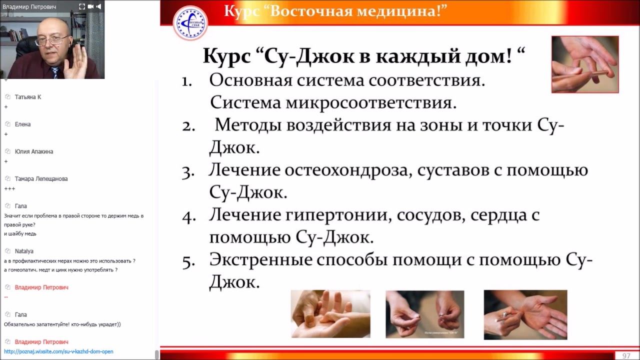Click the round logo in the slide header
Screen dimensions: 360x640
(190, 23)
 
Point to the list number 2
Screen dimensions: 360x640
(188, 126)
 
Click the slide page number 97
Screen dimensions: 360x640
(626, 355)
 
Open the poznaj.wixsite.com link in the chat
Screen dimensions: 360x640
(58, 351)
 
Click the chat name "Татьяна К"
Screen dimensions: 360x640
(28, 97)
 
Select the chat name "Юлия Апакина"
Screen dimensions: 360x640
(34, 151)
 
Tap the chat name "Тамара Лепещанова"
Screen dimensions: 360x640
(41, 178)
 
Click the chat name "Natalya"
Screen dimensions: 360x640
(24, 251)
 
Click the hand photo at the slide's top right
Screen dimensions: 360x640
(584, 64)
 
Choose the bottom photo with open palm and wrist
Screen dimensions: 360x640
(525, 314)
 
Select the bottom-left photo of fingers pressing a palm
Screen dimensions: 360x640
(330, 314)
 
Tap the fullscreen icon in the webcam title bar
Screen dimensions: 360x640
(82, 6)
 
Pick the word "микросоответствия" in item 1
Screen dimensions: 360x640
(371, 103)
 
